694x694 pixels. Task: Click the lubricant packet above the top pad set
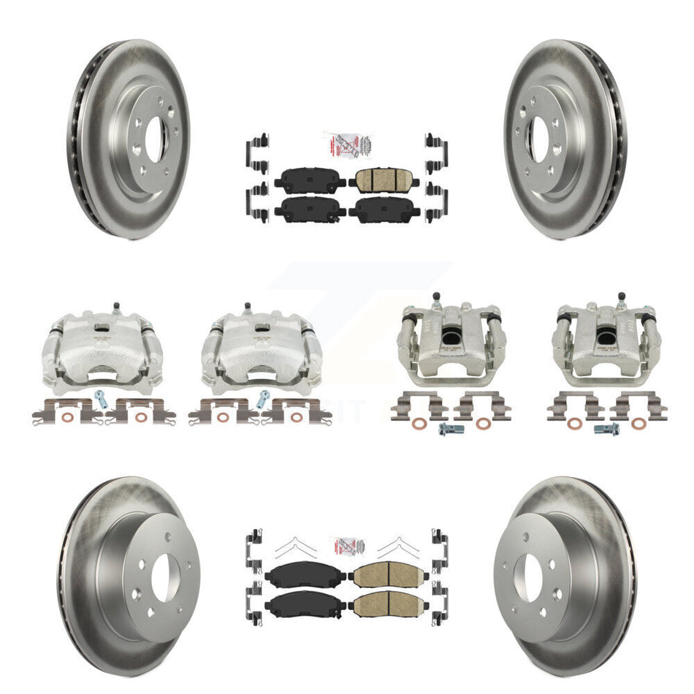tap(343, 146)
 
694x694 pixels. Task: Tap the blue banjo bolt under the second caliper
tap(264, 398)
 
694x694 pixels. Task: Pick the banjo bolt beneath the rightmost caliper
tap(606, 429)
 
